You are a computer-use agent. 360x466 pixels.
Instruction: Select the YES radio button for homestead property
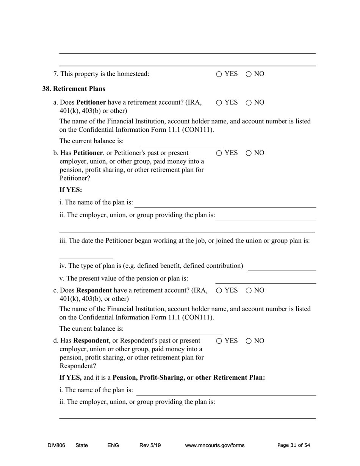click(219, 74)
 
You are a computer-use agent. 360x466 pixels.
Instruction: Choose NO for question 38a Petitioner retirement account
click(249, 103)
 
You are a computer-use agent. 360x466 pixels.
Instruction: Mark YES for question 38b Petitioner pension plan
click(219, 153)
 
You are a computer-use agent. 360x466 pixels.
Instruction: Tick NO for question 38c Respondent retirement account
click(249, 291)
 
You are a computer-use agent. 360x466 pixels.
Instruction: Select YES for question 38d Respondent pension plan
click(219, 341)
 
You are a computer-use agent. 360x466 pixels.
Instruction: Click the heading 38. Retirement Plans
click(74, 89)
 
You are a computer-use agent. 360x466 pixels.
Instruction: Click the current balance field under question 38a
click(182, 142)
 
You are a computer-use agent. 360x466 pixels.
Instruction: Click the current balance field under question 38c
click(182, 330)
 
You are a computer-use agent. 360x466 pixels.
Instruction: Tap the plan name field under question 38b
click(225, 203)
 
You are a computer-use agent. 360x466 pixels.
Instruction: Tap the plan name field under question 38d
click(226, 391)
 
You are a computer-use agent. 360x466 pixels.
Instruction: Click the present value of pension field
click(265, 280)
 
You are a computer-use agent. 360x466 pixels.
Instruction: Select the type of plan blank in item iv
click(282, 267)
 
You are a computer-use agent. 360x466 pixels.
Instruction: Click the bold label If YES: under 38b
click(70, 190)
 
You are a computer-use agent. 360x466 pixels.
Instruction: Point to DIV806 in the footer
click(56, 446)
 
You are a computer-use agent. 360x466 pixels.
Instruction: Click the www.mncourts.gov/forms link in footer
click(214, 446)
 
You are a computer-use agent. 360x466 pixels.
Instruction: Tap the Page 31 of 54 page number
click(294, 446)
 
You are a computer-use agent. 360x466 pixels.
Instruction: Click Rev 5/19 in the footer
click(150, 446)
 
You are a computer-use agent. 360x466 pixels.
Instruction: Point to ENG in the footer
click(113, 446)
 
